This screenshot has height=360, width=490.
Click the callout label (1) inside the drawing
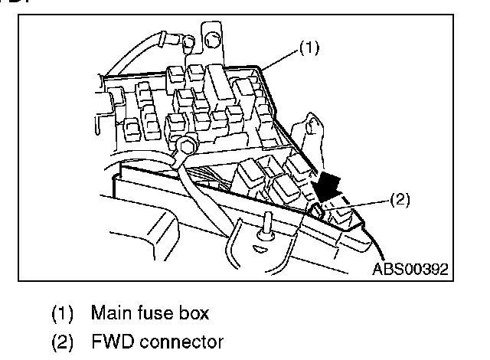pos(307,47)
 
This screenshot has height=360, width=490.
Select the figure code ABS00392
pos(410,269)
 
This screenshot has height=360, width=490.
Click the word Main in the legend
pos(108,313)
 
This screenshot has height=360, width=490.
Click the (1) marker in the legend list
pos(63,313)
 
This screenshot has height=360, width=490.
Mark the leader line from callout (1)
pos(278,60)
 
